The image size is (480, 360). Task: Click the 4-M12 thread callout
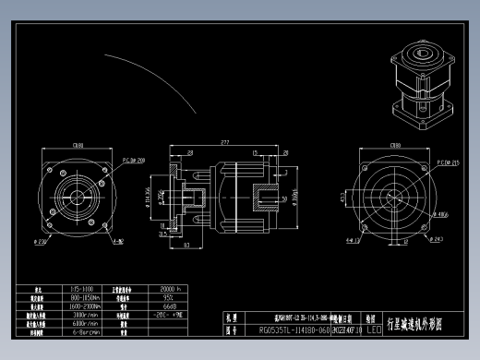coord(118,243)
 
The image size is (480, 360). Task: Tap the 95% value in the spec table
coord(170,298)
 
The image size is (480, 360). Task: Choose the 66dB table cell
coord(170,306)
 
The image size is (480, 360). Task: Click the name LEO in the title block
coord(374,328)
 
